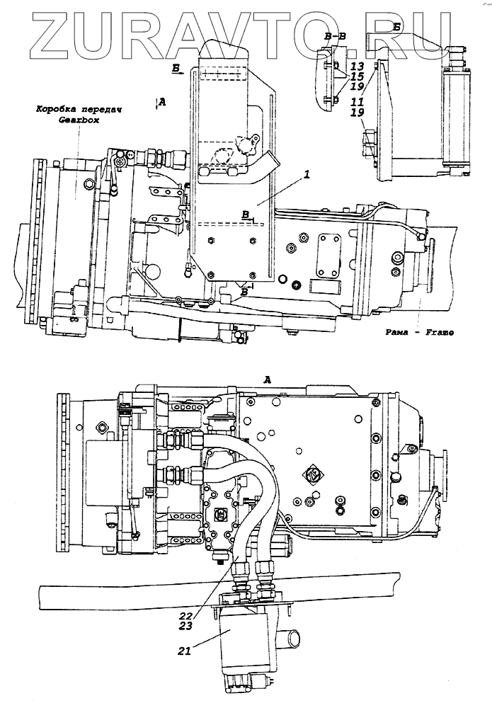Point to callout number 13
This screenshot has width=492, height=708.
click(x=357, y=65)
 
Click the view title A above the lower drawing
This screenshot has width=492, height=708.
click(x=267, y=379)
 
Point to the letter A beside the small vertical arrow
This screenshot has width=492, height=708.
click(x=162, y=103)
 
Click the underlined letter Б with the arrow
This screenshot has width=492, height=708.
click(x=177, y=69)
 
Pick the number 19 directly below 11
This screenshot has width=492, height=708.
click(x=357, y=113)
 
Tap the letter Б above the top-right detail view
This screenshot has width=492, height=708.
click(x=398, y=26)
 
